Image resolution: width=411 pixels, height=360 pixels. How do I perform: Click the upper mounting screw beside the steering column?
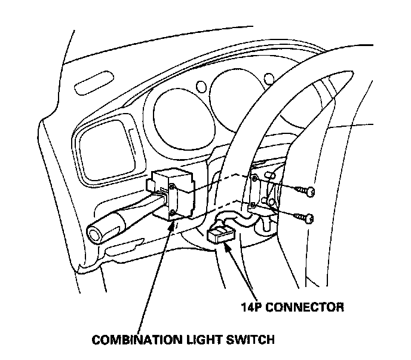310,191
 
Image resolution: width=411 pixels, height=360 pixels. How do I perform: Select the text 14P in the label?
251,308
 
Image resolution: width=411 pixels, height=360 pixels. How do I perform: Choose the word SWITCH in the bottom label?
253,340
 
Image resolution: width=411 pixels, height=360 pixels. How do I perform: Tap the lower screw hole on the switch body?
171,212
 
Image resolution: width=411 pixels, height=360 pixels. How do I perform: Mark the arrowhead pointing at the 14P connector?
229,246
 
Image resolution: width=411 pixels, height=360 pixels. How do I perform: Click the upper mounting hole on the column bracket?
255,179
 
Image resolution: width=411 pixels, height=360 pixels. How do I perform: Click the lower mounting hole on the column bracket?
253,205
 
